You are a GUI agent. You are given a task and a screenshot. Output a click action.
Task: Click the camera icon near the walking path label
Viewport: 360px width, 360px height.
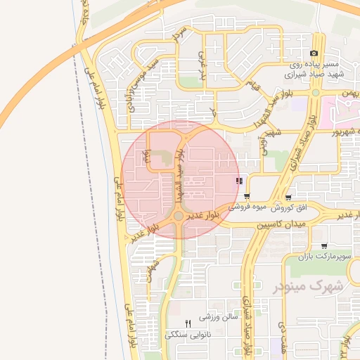(x=314, y=53)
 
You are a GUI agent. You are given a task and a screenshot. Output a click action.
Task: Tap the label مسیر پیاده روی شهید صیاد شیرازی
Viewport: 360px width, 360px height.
(x=312, y=68)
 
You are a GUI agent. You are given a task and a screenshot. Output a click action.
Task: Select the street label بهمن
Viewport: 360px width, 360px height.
(x=349, y=93)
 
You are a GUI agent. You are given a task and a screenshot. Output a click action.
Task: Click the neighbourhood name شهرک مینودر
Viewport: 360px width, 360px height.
(x=307, y=285)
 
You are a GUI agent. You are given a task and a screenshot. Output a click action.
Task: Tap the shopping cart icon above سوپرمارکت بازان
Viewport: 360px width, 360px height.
(x=323, y=246)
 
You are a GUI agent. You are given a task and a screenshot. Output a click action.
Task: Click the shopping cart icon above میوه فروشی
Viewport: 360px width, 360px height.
(x=247, y=196)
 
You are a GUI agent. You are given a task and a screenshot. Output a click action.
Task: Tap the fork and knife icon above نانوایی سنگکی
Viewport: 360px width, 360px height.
(x=188, y=322)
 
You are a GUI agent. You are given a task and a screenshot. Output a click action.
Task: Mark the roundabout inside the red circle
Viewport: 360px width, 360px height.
(x=179, y=217)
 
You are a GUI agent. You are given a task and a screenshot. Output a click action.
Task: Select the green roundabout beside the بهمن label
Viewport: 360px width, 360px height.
(x=316, y=93)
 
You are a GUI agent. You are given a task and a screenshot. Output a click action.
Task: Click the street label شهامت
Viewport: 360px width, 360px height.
(x=152, y=271)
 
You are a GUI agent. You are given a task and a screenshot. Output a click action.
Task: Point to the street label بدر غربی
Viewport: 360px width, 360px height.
(x=201, y=64)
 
